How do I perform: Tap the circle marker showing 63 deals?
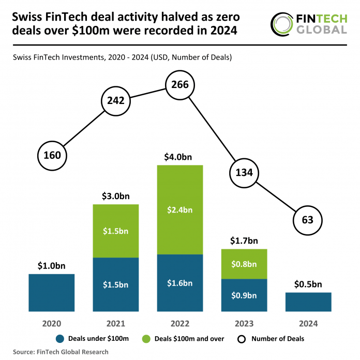[x=307, y=220]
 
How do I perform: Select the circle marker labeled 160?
[x=52, y=155]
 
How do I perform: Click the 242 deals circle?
[x=116, y=100]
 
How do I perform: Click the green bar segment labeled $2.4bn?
[x=179, y=209]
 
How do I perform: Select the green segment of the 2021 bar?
[x=116, y=231]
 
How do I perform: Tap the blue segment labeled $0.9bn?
[x=244, y=295]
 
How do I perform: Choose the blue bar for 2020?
[x=52, y=292]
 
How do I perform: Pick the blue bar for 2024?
[x=308, y=302]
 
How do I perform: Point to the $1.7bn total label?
[x=244, y=241]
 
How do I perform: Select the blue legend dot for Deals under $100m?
[x=59, y=339]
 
